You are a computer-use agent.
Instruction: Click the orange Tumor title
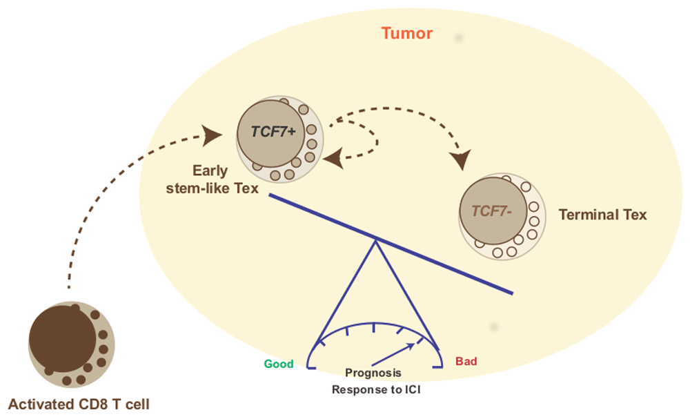[x=407, y=33]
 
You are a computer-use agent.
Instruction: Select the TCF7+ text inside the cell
[x=273, y=132]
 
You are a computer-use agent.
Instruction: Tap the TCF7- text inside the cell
[x=490, y=211]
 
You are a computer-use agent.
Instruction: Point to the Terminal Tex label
[x=602, y=215]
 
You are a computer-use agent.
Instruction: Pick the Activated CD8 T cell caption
[x=78, y=404]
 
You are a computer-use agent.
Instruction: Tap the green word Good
[x=279, y=364]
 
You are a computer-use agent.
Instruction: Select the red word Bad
[x=466, y=361]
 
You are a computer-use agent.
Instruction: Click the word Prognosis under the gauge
[x=373, y=373]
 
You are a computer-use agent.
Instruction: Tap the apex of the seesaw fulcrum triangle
[x=375, y=240]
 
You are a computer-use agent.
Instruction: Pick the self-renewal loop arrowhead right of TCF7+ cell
[x=333, y=160]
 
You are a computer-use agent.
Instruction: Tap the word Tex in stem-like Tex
[x=246, y=187]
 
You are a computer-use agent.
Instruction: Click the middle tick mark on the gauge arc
[x=373, y=328]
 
